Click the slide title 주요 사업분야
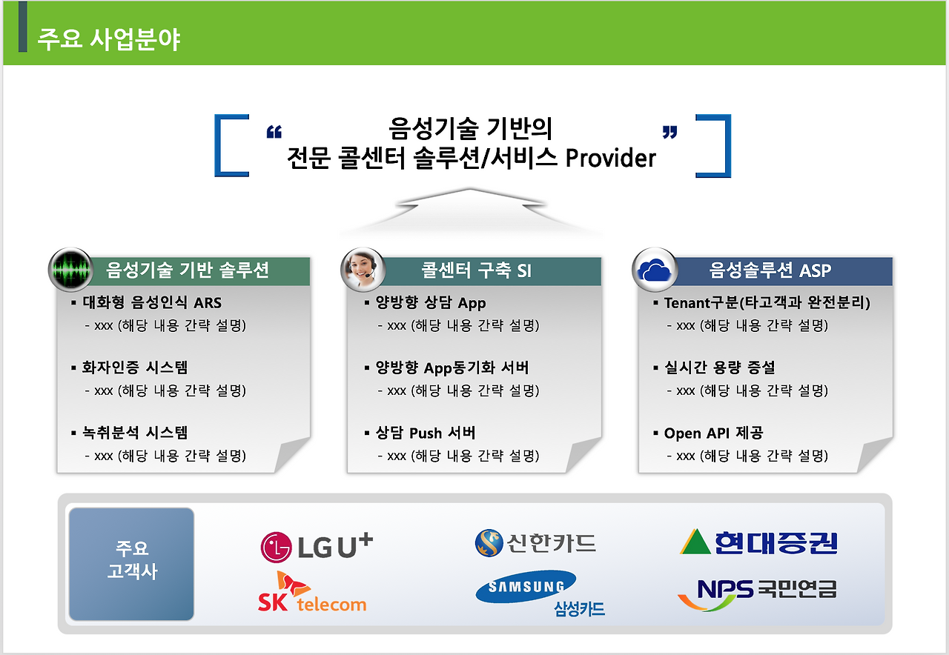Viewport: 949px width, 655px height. [108, 39]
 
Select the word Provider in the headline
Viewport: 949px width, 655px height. [610, 158]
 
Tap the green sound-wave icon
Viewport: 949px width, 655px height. [70, 270]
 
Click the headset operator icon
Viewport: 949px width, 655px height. [363, 268]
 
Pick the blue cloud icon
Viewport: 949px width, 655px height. [655, 270]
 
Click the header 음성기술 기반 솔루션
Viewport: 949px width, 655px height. [187, 270]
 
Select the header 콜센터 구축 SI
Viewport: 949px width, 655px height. [476, 270]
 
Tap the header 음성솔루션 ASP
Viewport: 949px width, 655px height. [770, 270]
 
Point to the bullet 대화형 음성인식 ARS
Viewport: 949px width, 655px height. [151, 302]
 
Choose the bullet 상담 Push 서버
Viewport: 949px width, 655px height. [425, 433]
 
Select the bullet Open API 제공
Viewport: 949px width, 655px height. [713, 433]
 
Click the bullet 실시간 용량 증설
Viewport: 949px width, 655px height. [719, 368]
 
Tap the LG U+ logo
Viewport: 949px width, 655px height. [317, 546]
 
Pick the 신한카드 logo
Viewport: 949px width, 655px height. [535, 543]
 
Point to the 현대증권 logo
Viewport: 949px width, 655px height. [758, 542]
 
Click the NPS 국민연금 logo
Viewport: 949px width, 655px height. [757, 593]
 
